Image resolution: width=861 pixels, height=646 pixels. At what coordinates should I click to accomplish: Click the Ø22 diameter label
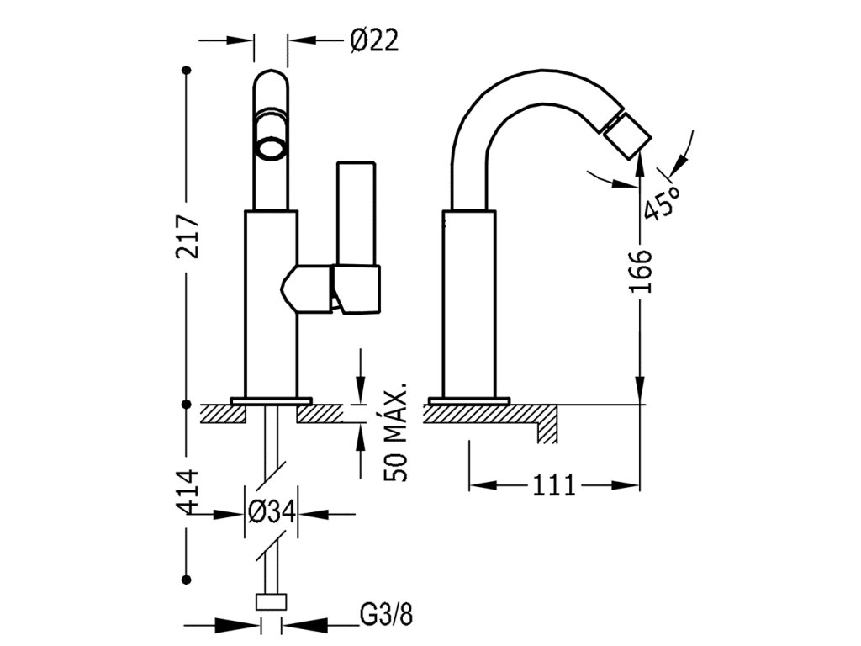(374, 40)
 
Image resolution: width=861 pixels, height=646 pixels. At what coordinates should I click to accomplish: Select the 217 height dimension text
(188, 236)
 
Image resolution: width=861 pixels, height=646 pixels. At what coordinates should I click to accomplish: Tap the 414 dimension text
(187, 491)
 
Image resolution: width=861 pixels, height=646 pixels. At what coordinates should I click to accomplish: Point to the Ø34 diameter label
(272, 512)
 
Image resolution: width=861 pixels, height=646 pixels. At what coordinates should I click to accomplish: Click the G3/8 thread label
(386, 615)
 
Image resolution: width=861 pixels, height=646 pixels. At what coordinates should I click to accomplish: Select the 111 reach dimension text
(553, 485)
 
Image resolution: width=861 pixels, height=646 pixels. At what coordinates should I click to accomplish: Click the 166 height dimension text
(640, 272)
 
